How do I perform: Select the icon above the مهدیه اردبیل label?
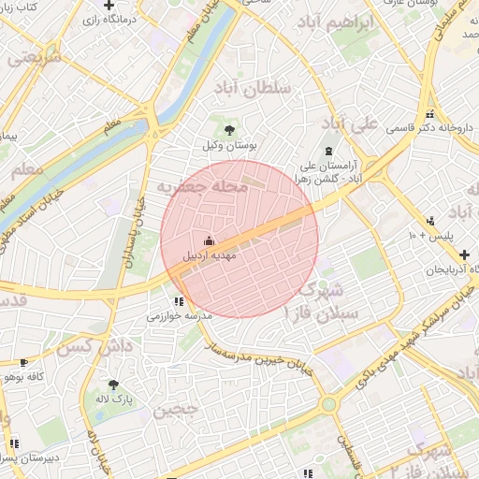(208, 239)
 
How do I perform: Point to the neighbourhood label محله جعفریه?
(203, 187)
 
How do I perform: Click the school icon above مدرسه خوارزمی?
(177, 301)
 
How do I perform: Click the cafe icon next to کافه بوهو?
(22, 362)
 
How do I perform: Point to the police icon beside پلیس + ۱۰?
(429, 221)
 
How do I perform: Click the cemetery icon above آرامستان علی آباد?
(327, 151)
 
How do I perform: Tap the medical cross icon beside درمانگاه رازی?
(109, 6)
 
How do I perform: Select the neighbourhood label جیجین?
(176, 409)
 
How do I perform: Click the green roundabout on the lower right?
(328, 404)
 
